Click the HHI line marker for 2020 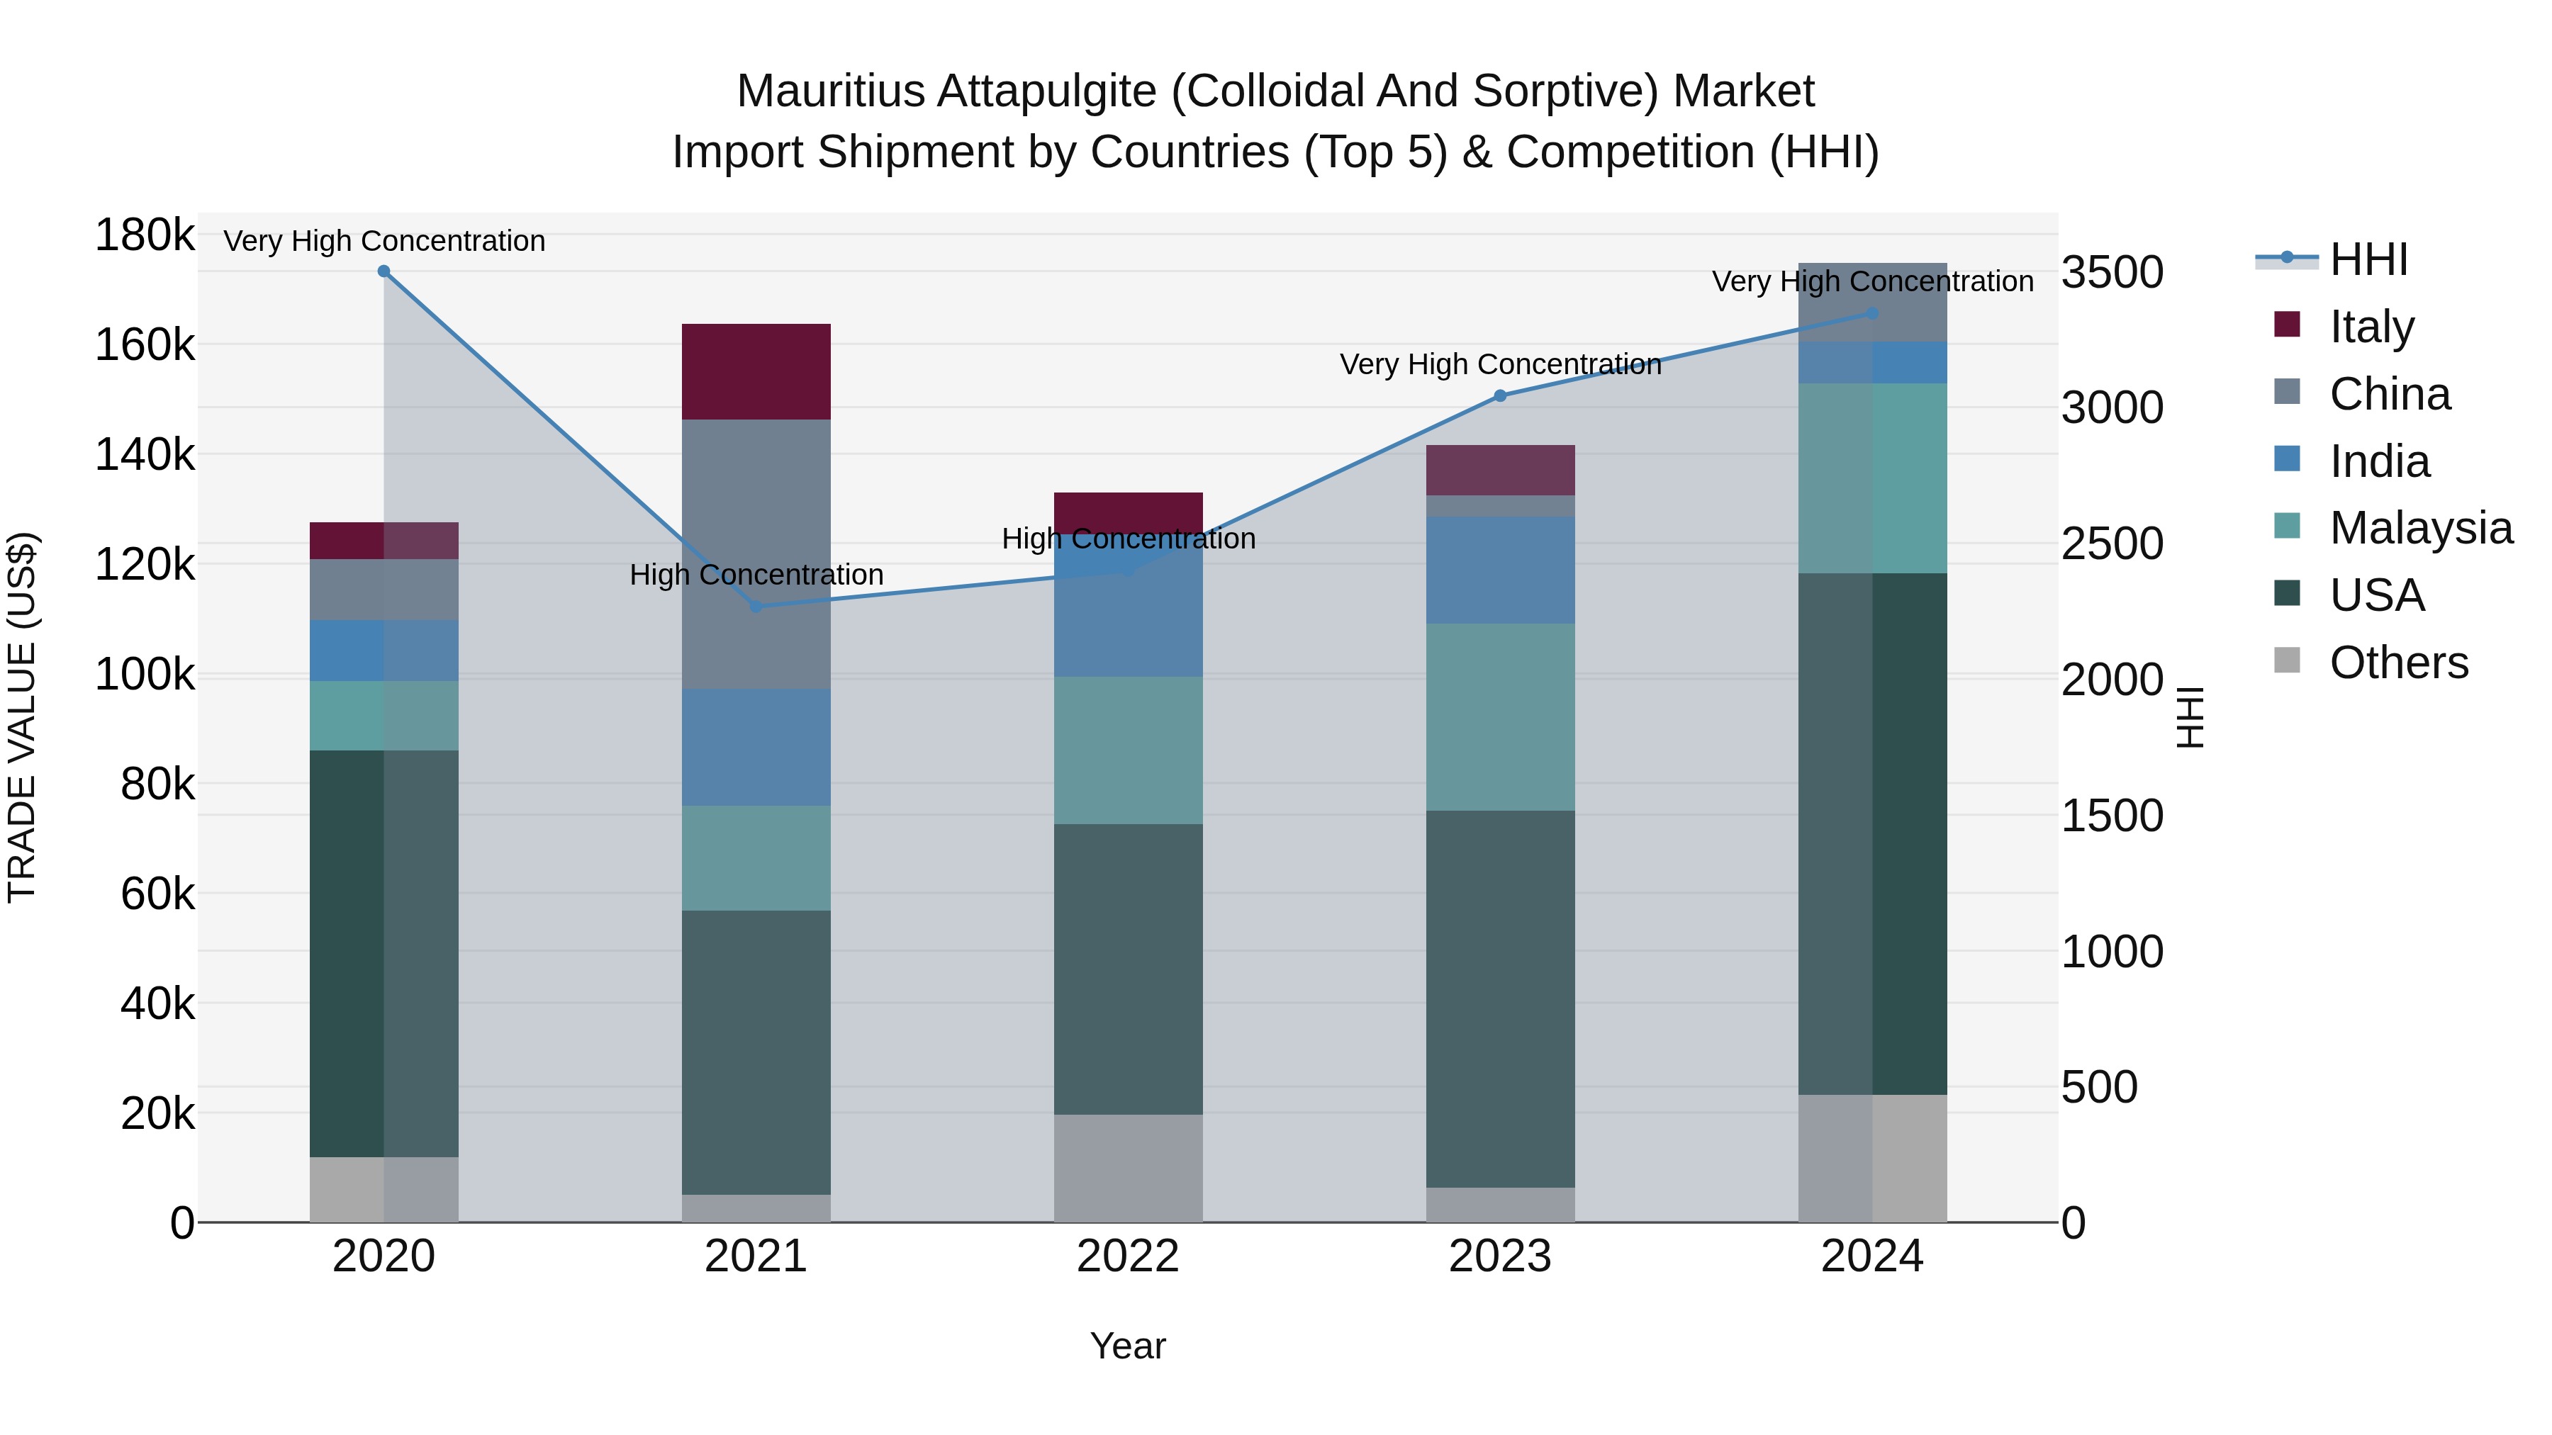(384, 271)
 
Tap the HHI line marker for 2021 (756, 606)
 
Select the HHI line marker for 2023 (1500, 396)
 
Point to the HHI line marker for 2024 (1872, 313)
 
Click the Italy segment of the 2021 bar (756, 371)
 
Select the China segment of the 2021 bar (756, 555)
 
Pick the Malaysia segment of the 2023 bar (1500, 717)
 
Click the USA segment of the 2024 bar (1872, 834)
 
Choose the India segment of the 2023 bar (1500, 570)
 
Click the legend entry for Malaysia (2420, 528)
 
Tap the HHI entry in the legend (2368, 259)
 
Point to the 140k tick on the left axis (145, 456)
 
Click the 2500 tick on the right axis (2112, 544)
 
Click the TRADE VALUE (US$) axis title (22, 717)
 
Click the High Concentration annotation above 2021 (756, 575)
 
